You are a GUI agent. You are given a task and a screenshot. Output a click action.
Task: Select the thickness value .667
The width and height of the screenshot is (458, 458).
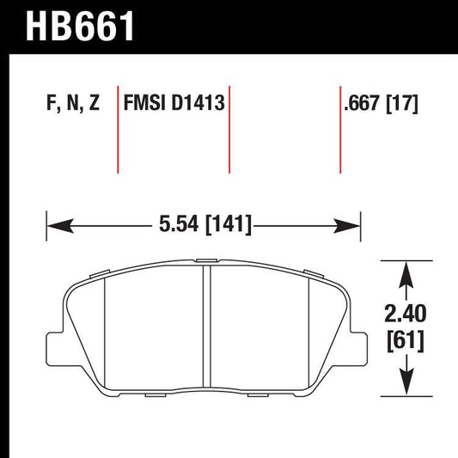click(x=360, y=105)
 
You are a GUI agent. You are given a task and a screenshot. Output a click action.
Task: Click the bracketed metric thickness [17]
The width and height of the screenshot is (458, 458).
click(x=403, y=105)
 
